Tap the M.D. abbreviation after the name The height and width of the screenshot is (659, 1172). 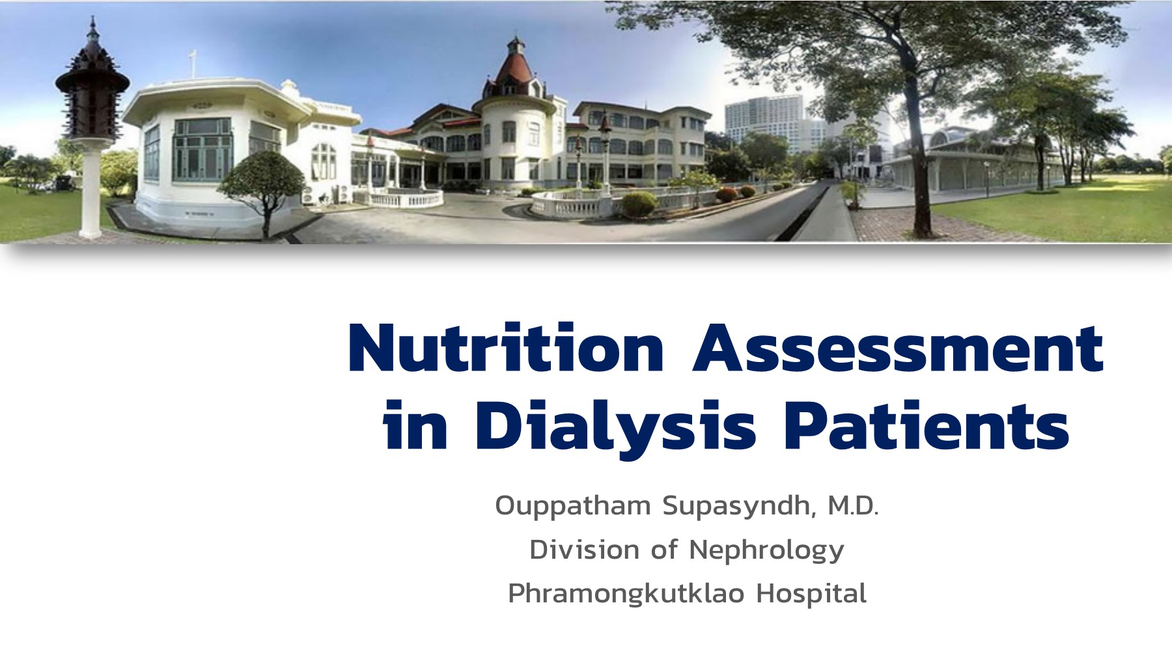click(853, 505)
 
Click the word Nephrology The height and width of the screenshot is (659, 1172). click(766, 551)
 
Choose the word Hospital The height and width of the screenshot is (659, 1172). click(811, 594)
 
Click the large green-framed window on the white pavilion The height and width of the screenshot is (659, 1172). click(202, 150)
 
